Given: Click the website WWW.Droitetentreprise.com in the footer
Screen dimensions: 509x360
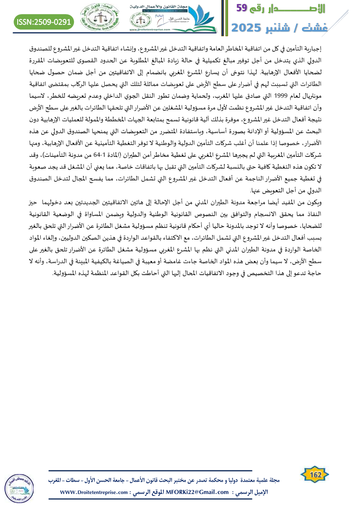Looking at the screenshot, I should (x=93, y=492).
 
